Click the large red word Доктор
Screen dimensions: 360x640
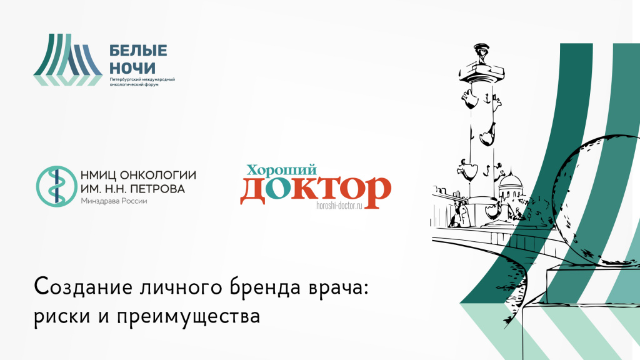(316, 190)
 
